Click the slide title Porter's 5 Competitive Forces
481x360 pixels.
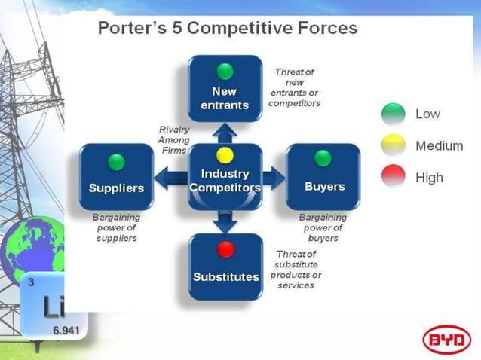tap(228, 29)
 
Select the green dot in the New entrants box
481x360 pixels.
tap(225, 72)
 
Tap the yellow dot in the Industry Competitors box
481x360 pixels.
tap(225, 156)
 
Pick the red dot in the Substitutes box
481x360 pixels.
tap(225, 249)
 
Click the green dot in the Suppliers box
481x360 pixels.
tap(116, 161)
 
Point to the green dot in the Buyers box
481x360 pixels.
tap(323, 158)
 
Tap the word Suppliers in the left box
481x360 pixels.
tap(116, 188)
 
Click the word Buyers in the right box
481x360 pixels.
tap(324, 186)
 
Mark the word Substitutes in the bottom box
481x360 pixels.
tap(225, 276)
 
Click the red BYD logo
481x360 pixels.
tap(446, 340)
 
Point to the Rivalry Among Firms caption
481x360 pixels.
tap(173, 140)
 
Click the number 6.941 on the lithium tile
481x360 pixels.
tap(66, 329)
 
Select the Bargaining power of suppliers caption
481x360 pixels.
tap(116, 227)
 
